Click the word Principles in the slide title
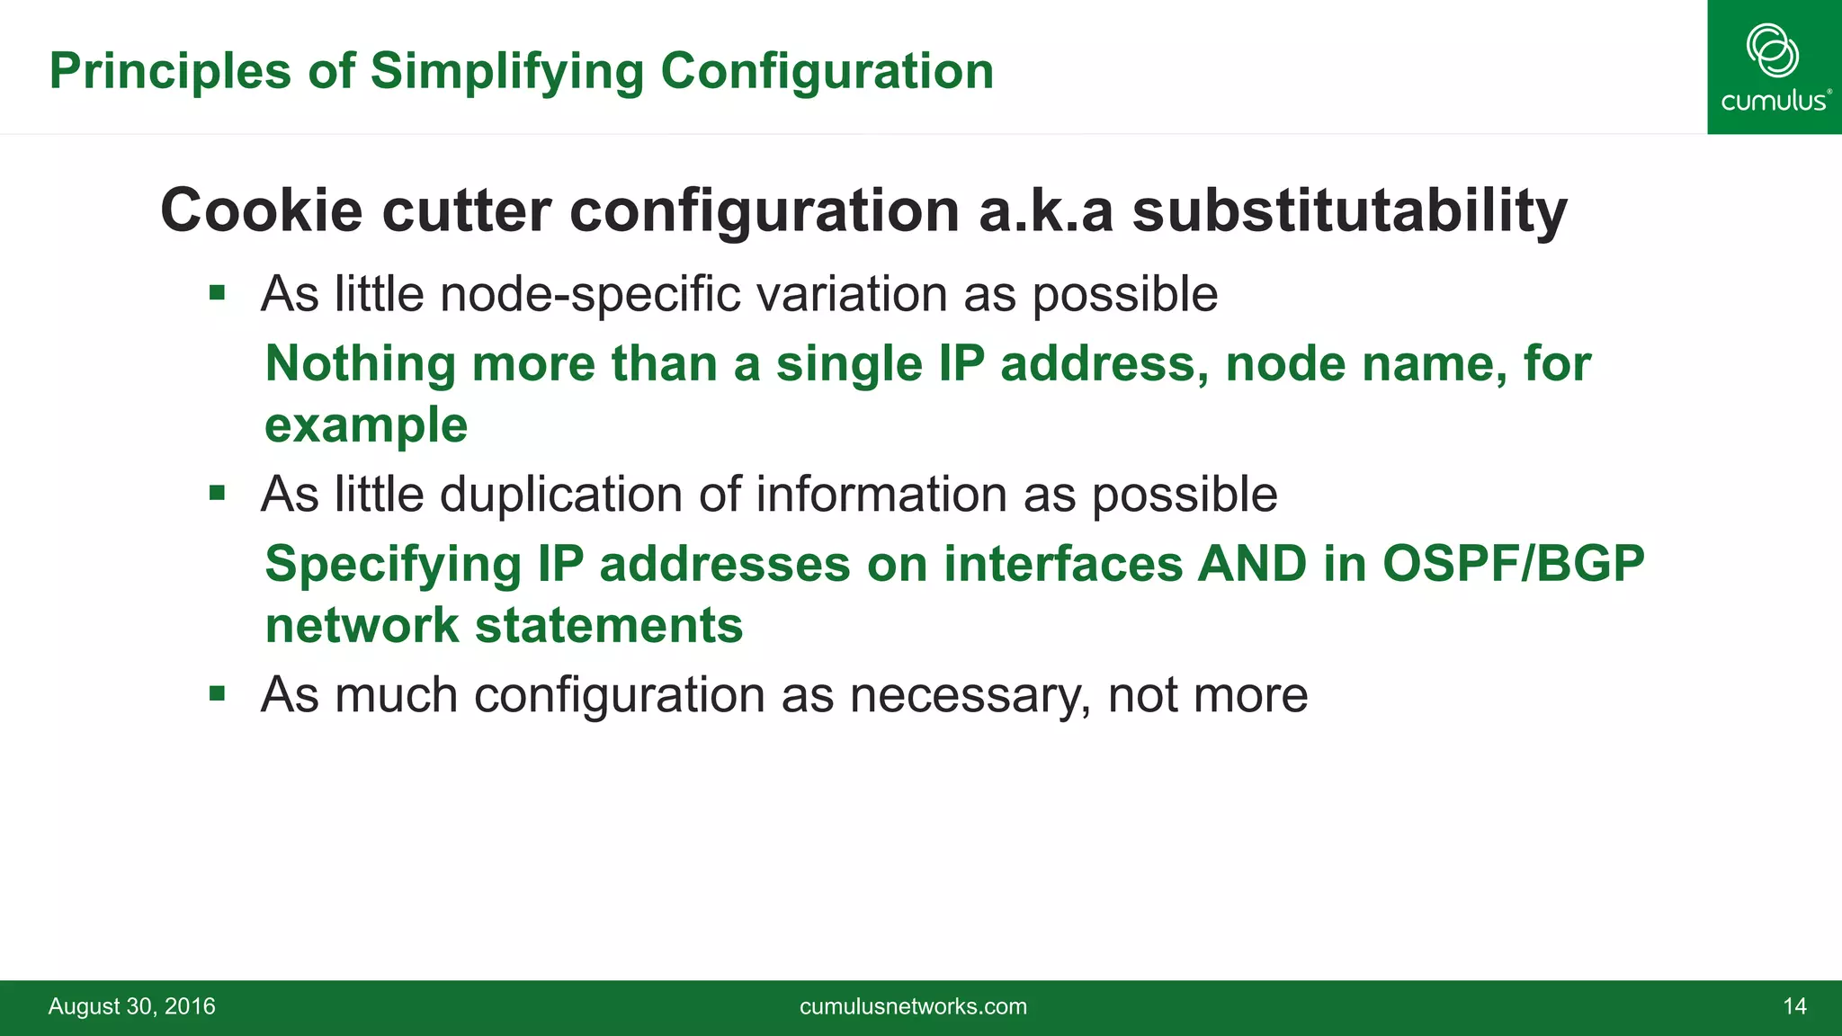(170, 71)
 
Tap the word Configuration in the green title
(827, 71)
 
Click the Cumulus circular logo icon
(1773, 50)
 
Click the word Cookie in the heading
(262, 210)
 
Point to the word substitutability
(1349, 210)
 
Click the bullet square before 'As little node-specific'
(217, 292)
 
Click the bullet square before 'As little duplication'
(217, 493)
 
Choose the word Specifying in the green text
(393, 564)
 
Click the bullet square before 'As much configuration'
(217, 693)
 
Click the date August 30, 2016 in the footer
(131, 1006)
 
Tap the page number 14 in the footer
(1794, 1006)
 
